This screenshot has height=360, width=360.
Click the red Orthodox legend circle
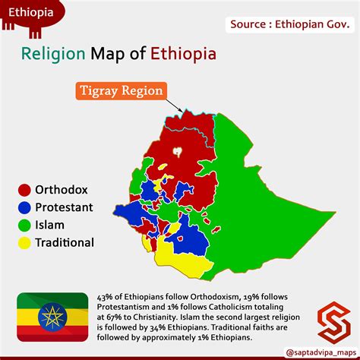pyautogui.click(x=24, y=189)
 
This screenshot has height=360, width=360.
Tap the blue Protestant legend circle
pyautogui.click(x=24, y=207)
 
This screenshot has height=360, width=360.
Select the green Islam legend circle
pyautogui.click(x=24, y=225)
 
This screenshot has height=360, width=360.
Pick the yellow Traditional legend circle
pyautogui.click(x=24, y=243)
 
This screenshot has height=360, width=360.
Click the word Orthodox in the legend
pyautogui.click(x=63, y=189)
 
